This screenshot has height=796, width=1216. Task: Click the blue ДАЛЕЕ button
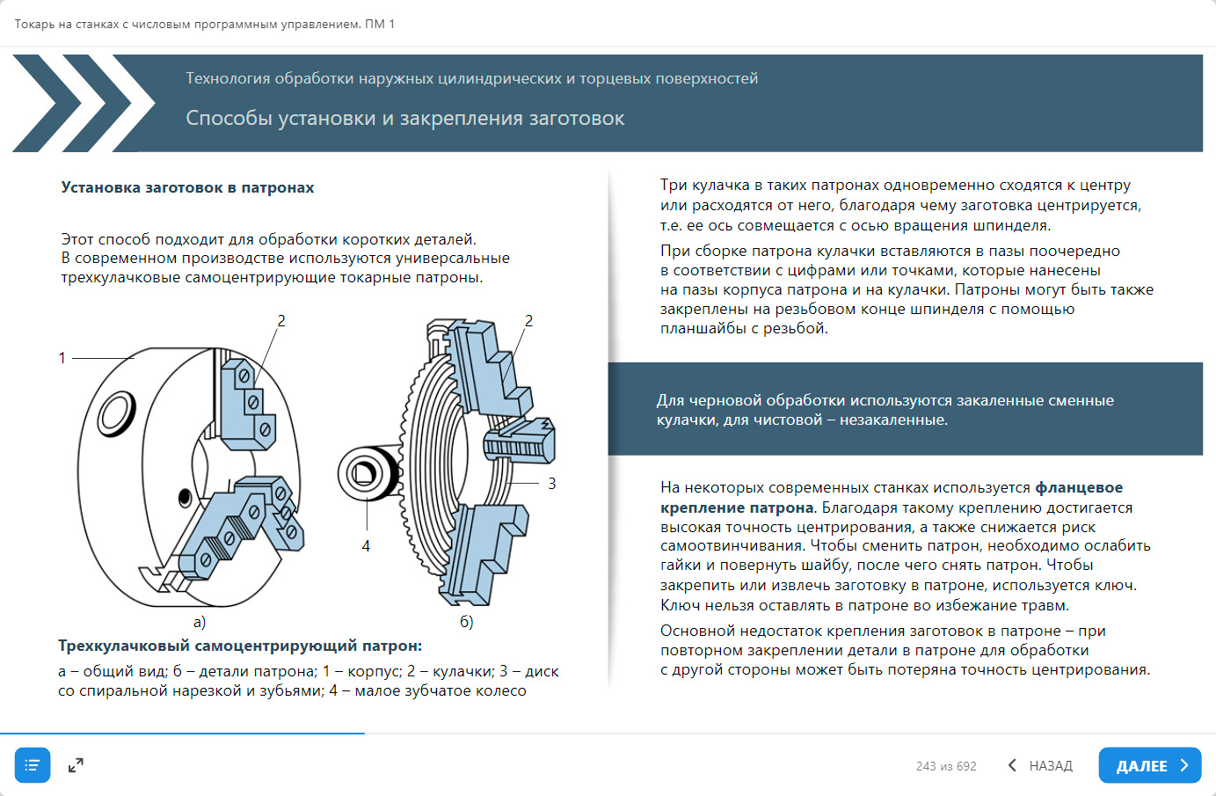(1149, 765)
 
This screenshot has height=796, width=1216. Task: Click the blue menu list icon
(33, 765)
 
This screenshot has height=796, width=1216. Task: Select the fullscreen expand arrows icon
(76, 765)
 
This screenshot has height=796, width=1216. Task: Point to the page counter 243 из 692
(945, 766)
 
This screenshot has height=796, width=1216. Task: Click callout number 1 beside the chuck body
(62, 358)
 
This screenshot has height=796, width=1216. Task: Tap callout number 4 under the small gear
(366, 546)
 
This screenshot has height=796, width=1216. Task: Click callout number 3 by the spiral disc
(551, 484)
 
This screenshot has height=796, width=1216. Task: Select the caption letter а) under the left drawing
(200, 622)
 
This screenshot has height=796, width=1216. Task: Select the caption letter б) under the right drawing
(466, 622)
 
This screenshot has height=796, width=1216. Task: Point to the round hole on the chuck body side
(116, 413)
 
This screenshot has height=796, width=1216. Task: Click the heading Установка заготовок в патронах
(187, 187)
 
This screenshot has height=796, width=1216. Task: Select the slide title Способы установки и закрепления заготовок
(404, 118)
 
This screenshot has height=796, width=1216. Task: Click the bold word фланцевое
(1079, 487)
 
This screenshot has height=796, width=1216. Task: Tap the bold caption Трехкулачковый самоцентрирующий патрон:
(240, 646)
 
